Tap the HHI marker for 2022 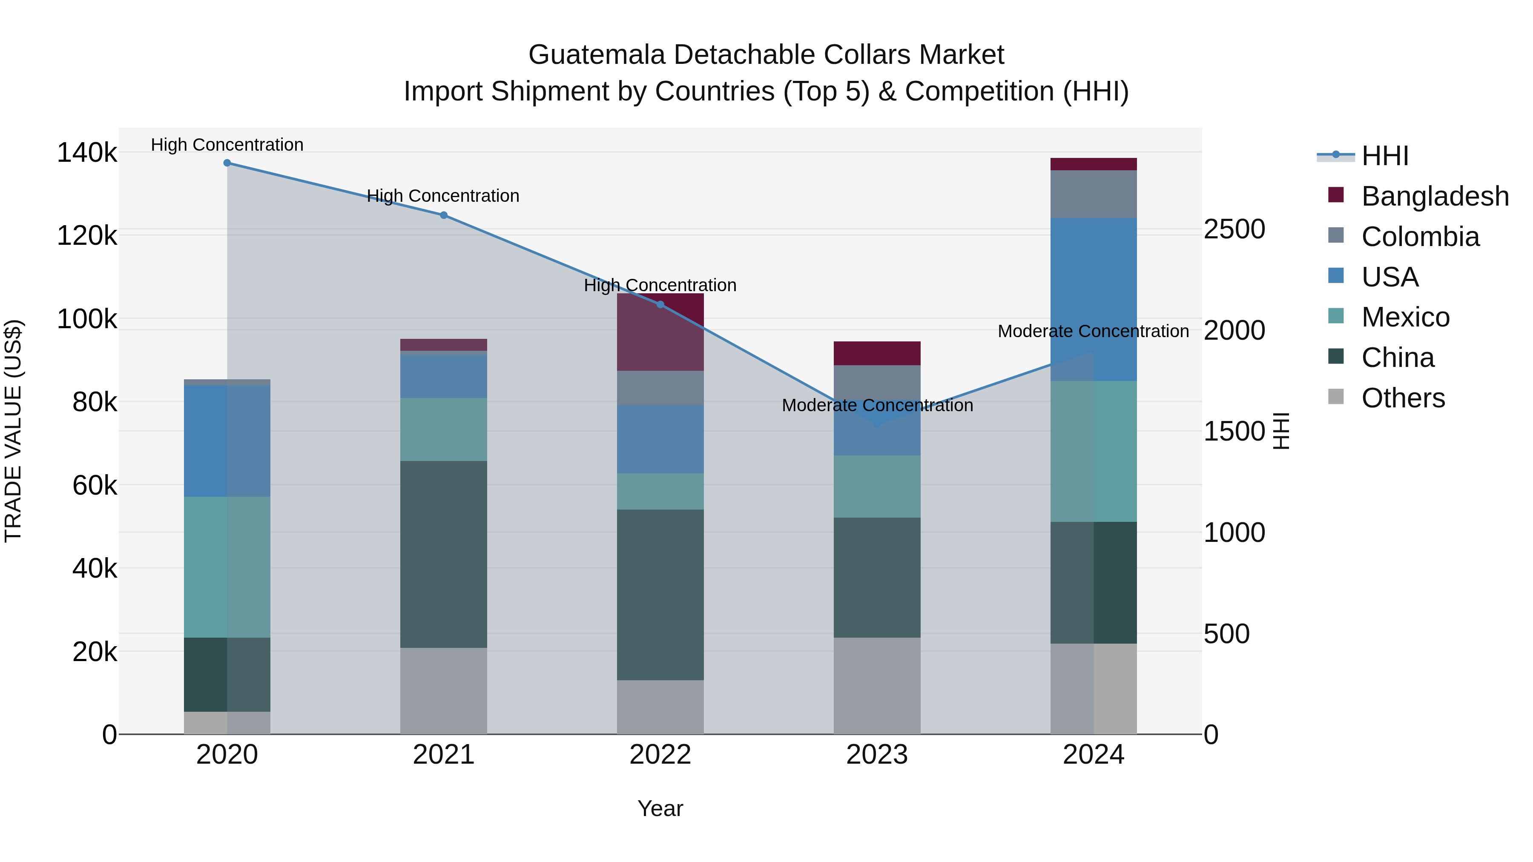point(660,305)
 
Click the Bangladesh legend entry point(1434,196)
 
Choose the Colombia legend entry point(1419,237)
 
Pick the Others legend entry point(1403,398)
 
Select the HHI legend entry point(1384,156)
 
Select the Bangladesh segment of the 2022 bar point(660,332)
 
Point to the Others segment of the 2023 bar point(877,685)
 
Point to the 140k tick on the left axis point(87,153)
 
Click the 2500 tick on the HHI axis point(1234,229)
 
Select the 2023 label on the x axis point(877,755)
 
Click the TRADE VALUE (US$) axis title point(13,431)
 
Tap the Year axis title point(660,808)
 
